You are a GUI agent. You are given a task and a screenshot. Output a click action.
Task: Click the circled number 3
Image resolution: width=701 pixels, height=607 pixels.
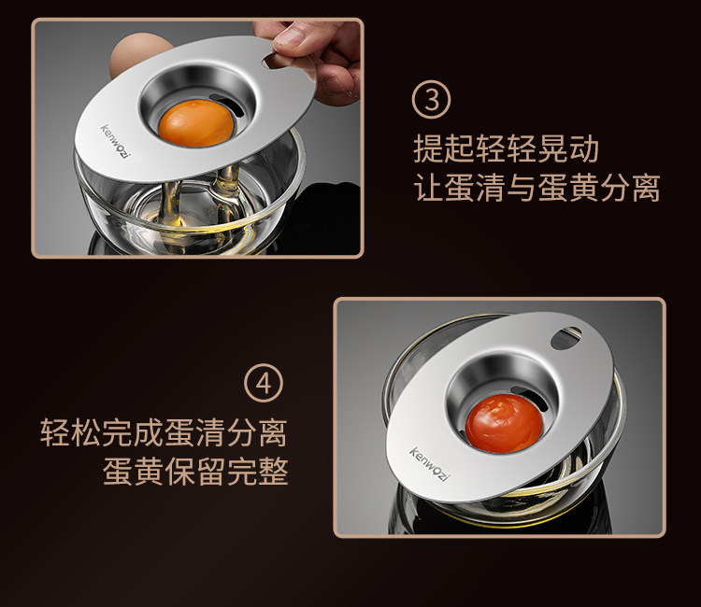tap(431, 99)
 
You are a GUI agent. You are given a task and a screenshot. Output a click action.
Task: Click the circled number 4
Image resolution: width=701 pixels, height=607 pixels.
tap(264, 383)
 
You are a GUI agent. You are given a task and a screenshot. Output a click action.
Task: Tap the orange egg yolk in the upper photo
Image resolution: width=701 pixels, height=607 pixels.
tap(196, 123)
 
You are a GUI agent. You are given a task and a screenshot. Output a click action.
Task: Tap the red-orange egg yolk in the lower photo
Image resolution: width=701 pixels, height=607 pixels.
tap(505, 422)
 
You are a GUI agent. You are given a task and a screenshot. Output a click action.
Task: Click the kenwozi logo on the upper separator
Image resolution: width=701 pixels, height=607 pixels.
tap(115, 141)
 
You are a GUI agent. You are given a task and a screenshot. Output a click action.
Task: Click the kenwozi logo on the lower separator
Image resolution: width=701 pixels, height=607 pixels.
tap(428, 464)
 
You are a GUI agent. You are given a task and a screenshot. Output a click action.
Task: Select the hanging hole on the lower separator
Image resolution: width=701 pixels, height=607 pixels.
tap(565, 338)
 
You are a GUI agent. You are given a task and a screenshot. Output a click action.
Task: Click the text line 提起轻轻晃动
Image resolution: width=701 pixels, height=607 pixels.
tap(506, 148)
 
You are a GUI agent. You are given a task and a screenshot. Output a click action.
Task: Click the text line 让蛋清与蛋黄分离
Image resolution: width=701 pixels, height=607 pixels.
tap(536, 188)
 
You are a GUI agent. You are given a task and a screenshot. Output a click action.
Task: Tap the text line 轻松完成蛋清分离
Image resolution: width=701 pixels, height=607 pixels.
tap(164, 432)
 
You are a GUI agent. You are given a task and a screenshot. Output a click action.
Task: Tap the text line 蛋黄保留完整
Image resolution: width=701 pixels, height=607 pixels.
tap(195, 472)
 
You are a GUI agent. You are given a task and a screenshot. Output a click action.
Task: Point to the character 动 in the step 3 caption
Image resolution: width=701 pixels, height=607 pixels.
tap(583, 148)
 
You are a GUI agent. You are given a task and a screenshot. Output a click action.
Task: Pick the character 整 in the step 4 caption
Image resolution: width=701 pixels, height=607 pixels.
tap(273, 472)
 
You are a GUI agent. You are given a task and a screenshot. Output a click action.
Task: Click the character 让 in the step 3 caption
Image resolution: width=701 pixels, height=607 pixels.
tap(429, 188)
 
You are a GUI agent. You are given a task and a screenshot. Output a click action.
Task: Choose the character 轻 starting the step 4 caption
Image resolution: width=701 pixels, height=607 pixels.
tap(55, 432)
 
